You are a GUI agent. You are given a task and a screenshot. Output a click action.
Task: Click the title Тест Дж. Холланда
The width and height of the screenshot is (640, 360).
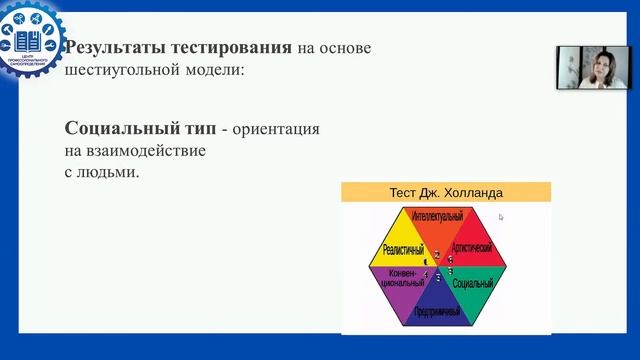click(445, 192)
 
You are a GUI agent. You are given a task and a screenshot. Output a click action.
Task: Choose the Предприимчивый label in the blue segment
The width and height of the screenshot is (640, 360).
click(436, 313)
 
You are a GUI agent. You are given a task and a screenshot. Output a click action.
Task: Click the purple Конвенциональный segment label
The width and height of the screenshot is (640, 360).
click(399, 278)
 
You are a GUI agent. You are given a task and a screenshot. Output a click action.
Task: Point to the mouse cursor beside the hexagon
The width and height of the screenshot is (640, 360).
click(501, 216)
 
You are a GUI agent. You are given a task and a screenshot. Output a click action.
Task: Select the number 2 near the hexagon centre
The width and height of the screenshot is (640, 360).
click(437, 256)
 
